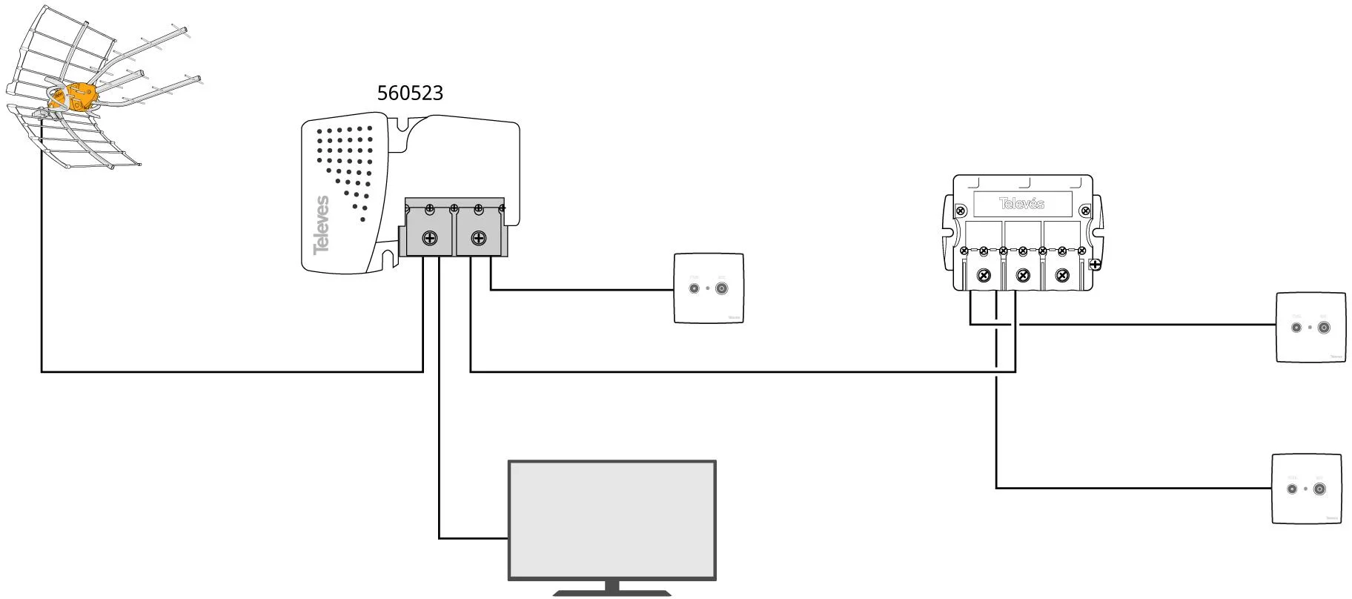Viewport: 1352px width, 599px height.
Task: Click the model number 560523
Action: [x=410, y=93]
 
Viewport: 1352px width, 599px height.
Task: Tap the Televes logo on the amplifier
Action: [x=321, y=225]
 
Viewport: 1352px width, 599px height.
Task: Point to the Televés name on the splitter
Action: [x=1021, y=203]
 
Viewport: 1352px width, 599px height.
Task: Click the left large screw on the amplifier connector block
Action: [x=429, y=239]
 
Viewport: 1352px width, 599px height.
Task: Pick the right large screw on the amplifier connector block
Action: [x=479, y=239]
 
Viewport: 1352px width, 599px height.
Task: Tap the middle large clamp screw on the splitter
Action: [x=1023, y=276]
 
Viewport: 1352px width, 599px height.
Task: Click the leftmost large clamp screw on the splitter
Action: [x=984, y=276]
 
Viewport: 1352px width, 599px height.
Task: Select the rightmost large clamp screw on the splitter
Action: [x=1062, y=276]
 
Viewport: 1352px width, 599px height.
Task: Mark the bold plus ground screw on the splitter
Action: [x=1095, y=264]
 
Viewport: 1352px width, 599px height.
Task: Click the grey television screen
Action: [x=612, y=520]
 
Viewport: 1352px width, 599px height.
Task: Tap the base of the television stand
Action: [x=612, y=592]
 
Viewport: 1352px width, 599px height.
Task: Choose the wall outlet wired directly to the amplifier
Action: [x=708, y=288]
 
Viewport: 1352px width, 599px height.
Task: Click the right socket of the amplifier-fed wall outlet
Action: [x=721, y=288]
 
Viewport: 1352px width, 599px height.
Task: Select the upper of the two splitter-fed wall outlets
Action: [x=1310, y=327]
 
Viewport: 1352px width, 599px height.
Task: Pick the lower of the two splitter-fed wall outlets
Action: [x=1306, y=489]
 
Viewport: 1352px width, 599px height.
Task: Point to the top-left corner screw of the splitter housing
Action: [x=961, y=212]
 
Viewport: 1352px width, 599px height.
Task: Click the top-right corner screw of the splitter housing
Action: [x=1084, y=212]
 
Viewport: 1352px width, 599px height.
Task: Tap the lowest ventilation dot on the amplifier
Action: [x=363, y=219]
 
